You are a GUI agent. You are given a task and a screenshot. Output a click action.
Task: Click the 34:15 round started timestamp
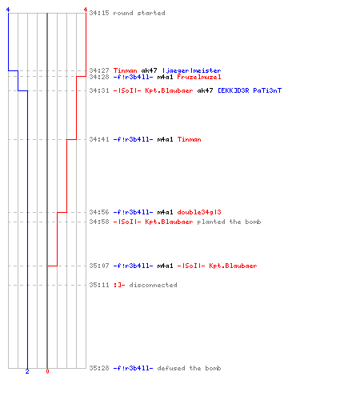click(x=99, y=13)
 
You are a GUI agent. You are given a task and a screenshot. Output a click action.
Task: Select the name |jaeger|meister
click(x=191, y=70)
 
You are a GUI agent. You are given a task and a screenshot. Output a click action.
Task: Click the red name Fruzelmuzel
click(x=199, y=77)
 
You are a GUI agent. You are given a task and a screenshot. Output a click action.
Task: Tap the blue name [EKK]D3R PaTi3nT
click(x=250, y=90)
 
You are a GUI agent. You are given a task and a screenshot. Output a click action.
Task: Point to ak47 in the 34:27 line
click(x=149, y=70)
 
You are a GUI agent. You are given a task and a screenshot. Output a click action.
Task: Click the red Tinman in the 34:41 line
click(x=190, y=139)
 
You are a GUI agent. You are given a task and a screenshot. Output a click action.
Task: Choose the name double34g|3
click(x=199, y=212)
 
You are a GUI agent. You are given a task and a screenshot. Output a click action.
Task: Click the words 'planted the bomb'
click(x=229, y=222)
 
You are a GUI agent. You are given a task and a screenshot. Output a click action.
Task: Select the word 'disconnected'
click(x=153, y=285)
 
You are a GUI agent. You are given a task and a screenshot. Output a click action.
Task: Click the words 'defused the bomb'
click(x=189, y=368)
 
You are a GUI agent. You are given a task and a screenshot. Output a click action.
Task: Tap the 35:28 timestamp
click(x=99, y=368)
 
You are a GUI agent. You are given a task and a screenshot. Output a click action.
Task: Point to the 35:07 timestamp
click(x=99, y=266)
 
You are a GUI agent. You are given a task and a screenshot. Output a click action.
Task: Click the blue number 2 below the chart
click(x=27, y=371)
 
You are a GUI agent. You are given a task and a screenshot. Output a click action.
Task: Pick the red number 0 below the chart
click(x=47, y=371)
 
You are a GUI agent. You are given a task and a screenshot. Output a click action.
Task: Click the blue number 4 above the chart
click(x=8, y=10)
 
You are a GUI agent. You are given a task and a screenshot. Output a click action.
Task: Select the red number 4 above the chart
click(x=86, y=10)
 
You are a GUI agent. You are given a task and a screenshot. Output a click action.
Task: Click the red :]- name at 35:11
click(x=119, y=285)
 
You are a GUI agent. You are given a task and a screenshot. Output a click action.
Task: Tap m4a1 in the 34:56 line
click(x=165, y=212)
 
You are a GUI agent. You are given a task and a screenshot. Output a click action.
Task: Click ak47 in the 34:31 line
click(x=205, y=90)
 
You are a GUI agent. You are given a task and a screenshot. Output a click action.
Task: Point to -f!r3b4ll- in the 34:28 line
click(x=133, y=77)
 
